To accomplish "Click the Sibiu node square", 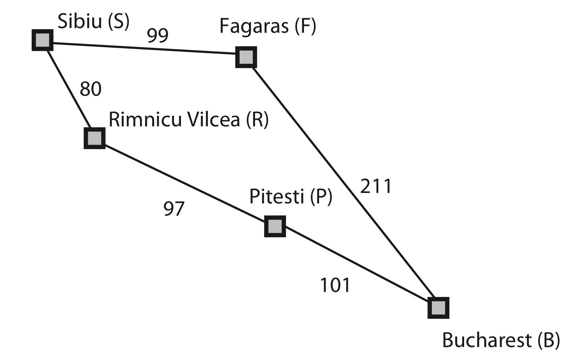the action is pos(42,40).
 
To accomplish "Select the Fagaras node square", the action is pos(246,57).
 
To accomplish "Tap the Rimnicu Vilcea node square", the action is pos(95,138).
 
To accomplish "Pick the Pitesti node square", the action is pos(275,226).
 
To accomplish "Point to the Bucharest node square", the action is pos(438,308).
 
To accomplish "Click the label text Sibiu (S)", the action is pos(94,22).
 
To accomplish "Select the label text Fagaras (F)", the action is pos(268,26).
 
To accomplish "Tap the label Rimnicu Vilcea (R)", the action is pos(189,119).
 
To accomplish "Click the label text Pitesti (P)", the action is pos(291,197).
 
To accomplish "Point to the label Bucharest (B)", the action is pos(501,340).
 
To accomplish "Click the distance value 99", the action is pos(158,35).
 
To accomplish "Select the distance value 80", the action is pos(91,89).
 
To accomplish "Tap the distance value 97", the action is pos(174,208).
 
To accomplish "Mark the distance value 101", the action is pos(335,285).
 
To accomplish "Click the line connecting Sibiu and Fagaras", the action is pos(144,49).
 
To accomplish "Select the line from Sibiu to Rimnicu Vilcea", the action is pos(68,89).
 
